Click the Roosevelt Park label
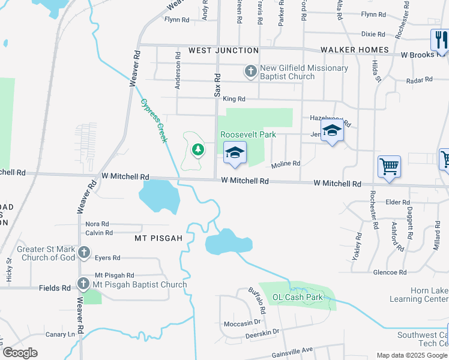pyautogui.click(x=248, y=134)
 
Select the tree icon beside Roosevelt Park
pyautogui.click(x=196, y=149)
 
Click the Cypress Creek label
pyautogui.click(x=153, y=120)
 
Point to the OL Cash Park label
pyautogui.click(x=298, y=297)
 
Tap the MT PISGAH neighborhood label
pyautogui.click(x=158, y=238)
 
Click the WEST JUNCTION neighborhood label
pyautogui.click(x=223, y=50)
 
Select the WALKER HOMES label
pyautogui.click(x=355, y=50)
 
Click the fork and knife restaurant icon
pyautogui.click(x=440, y=40)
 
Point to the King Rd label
pyautogui.click(x=234, y=99)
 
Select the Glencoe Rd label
pyautogui.click(x=390, y=272)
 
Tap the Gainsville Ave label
pyautogui.click(x=291, y=350)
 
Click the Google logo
pyautogui.click(x=20, y=353)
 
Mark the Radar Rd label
pyautogui.click(x=419, y=80)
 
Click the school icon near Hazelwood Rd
pyautogui.click(x=332, y=131)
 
